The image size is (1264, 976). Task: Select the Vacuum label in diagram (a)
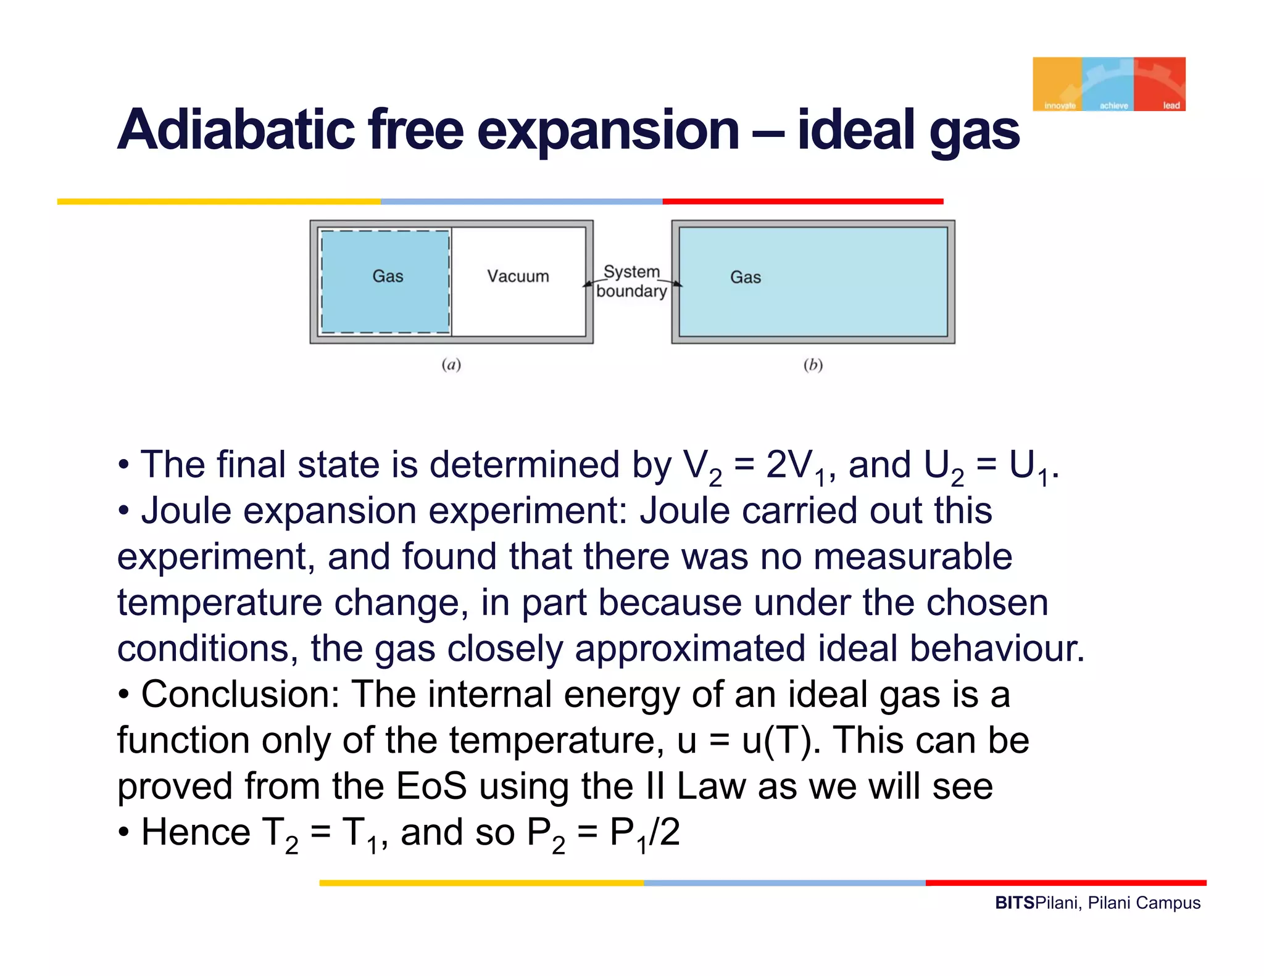click(518, 276)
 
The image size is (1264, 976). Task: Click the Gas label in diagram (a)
click(388, 276)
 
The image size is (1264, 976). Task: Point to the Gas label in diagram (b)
click(746, 278)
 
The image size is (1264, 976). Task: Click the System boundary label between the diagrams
click(631, 281)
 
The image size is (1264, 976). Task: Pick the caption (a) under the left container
click(451, 365)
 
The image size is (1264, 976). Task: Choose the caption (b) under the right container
click(813, 365)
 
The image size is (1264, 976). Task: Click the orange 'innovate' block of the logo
click(1058, 84)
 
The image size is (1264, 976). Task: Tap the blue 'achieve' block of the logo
click(1108, 84)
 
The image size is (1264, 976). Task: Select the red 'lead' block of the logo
click(1160, 84)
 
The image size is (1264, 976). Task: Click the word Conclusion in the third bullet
click(240, 695)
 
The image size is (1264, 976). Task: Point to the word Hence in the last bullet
click(196, 832)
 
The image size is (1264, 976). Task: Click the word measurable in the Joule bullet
click(913, 556)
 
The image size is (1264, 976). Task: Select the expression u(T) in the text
click(776, 740)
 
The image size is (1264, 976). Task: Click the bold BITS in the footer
click(1015, 903)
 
